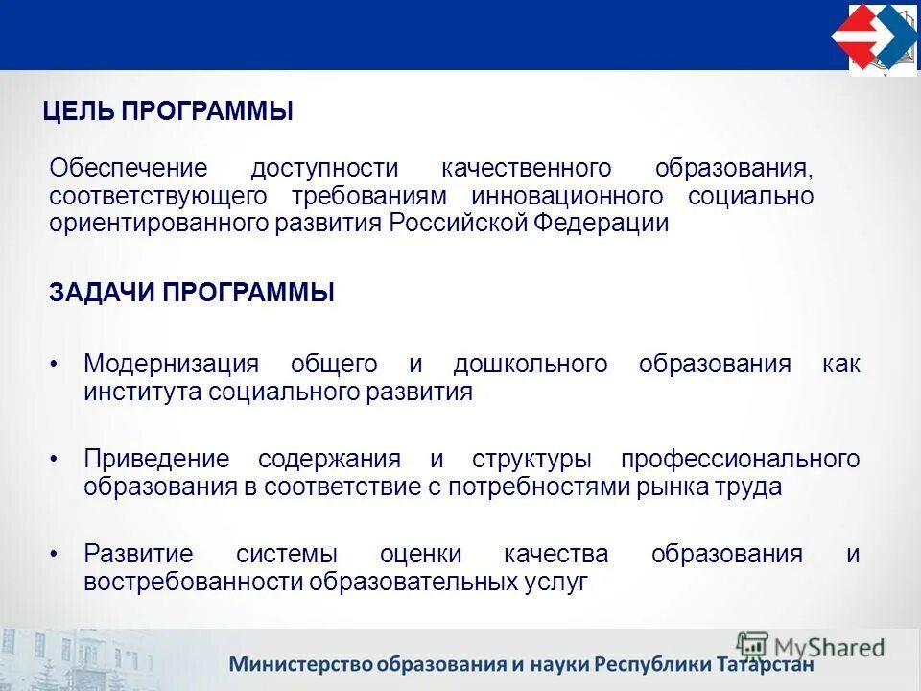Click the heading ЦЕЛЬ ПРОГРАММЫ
pyautogui.click(x=168, y=111)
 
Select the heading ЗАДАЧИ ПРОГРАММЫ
pyautogui.click(x=192, y=293)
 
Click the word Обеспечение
pyautogui.click(x=129, y=169)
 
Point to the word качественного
pyautogui.click(x=526, y=169)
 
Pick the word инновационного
pyautogui.click(x=567, y=197)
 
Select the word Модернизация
pyautogui.click(x=172, y=365)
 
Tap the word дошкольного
pyautogui.click(x=531, y=365)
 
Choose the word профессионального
pyautogui.click(x=740, y=459)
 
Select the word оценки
pyautogui.click(x=420, y=554)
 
